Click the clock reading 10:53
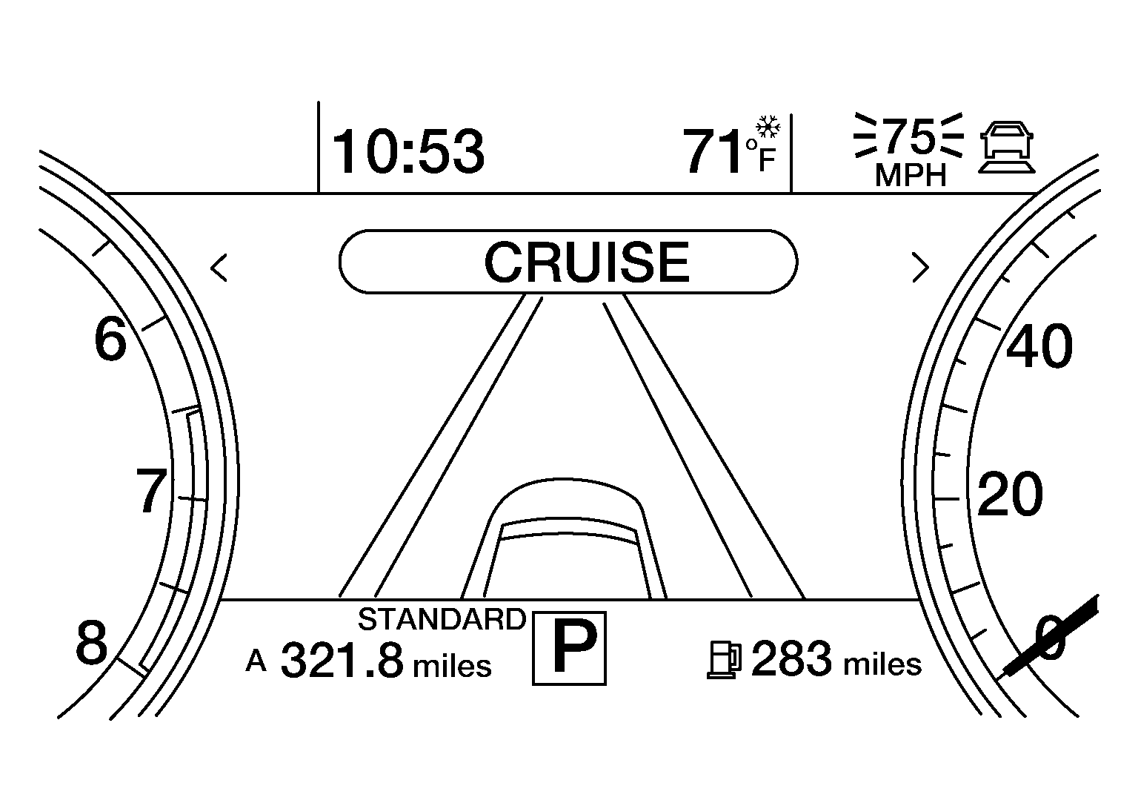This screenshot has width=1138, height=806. click(x=408, y=151)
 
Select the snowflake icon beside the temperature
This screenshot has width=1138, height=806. click(x=768, y=127)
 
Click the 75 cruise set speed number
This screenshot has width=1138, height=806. click(x=909, y=136)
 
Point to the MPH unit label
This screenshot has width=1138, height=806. click(x=911, y=176)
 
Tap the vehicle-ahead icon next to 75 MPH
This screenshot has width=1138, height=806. click(x=1007, y=148)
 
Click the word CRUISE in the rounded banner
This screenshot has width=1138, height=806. click(x=587, y=262)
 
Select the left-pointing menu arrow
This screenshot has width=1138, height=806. click(x=219, y=268)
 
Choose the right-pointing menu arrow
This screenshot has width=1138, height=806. click(x=921, y=267)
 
